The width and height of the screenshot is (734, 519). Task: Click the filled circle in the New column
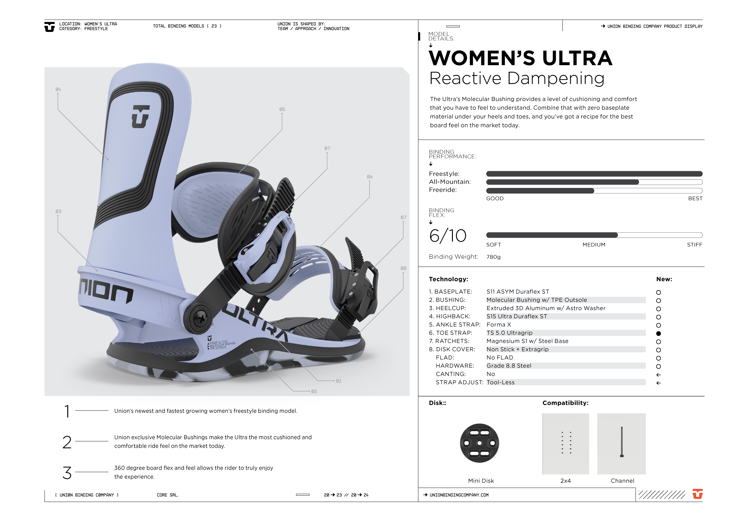click(x=658, y=334)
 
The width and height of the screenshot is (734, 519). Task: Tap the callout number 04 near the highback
click(x=58, y=90)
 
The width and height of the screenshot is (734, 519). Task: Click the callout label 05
click(x=282, y=109)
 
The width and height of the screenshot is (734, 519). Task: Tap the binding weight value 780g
click(x=493, y=257)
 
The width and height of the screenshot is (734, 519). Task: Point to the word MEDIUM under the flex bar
click(x=594, y=245)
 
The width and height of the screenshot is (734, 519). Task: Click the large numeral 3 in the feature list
click(x=67, y=473)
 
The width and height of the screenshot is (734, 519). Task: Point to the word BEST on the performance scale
click(x=695, y=199)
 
